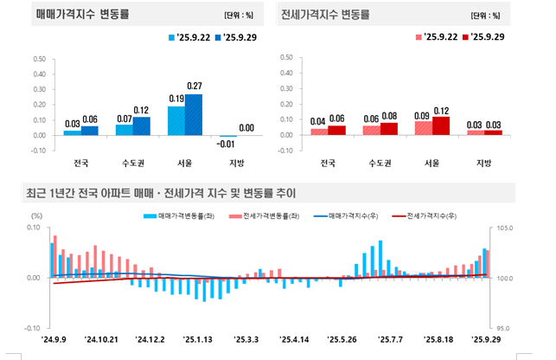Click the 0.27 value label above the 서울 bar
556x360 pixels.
tap(194, 86)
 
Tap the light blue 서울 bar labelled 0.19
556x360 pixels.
tap(176, 120)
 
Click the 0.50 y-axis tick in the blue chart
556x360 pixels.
tap(39, 59)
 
